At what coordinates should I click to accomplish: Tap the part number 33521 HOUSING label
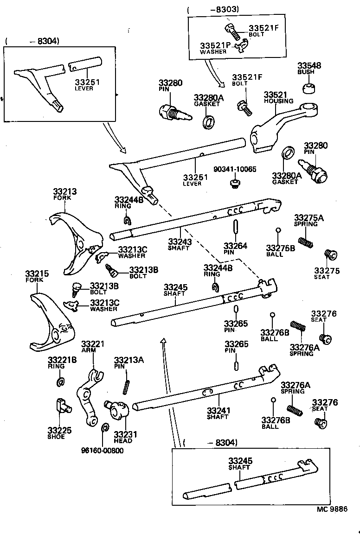tap(278, 97)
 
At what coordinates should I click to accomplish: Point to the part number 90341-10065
tap(235, 170)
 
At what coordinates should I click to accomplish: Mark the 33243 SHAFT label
tap(179, 244)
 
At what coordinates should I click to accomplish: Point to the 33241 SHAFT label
tap(218, 413)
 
